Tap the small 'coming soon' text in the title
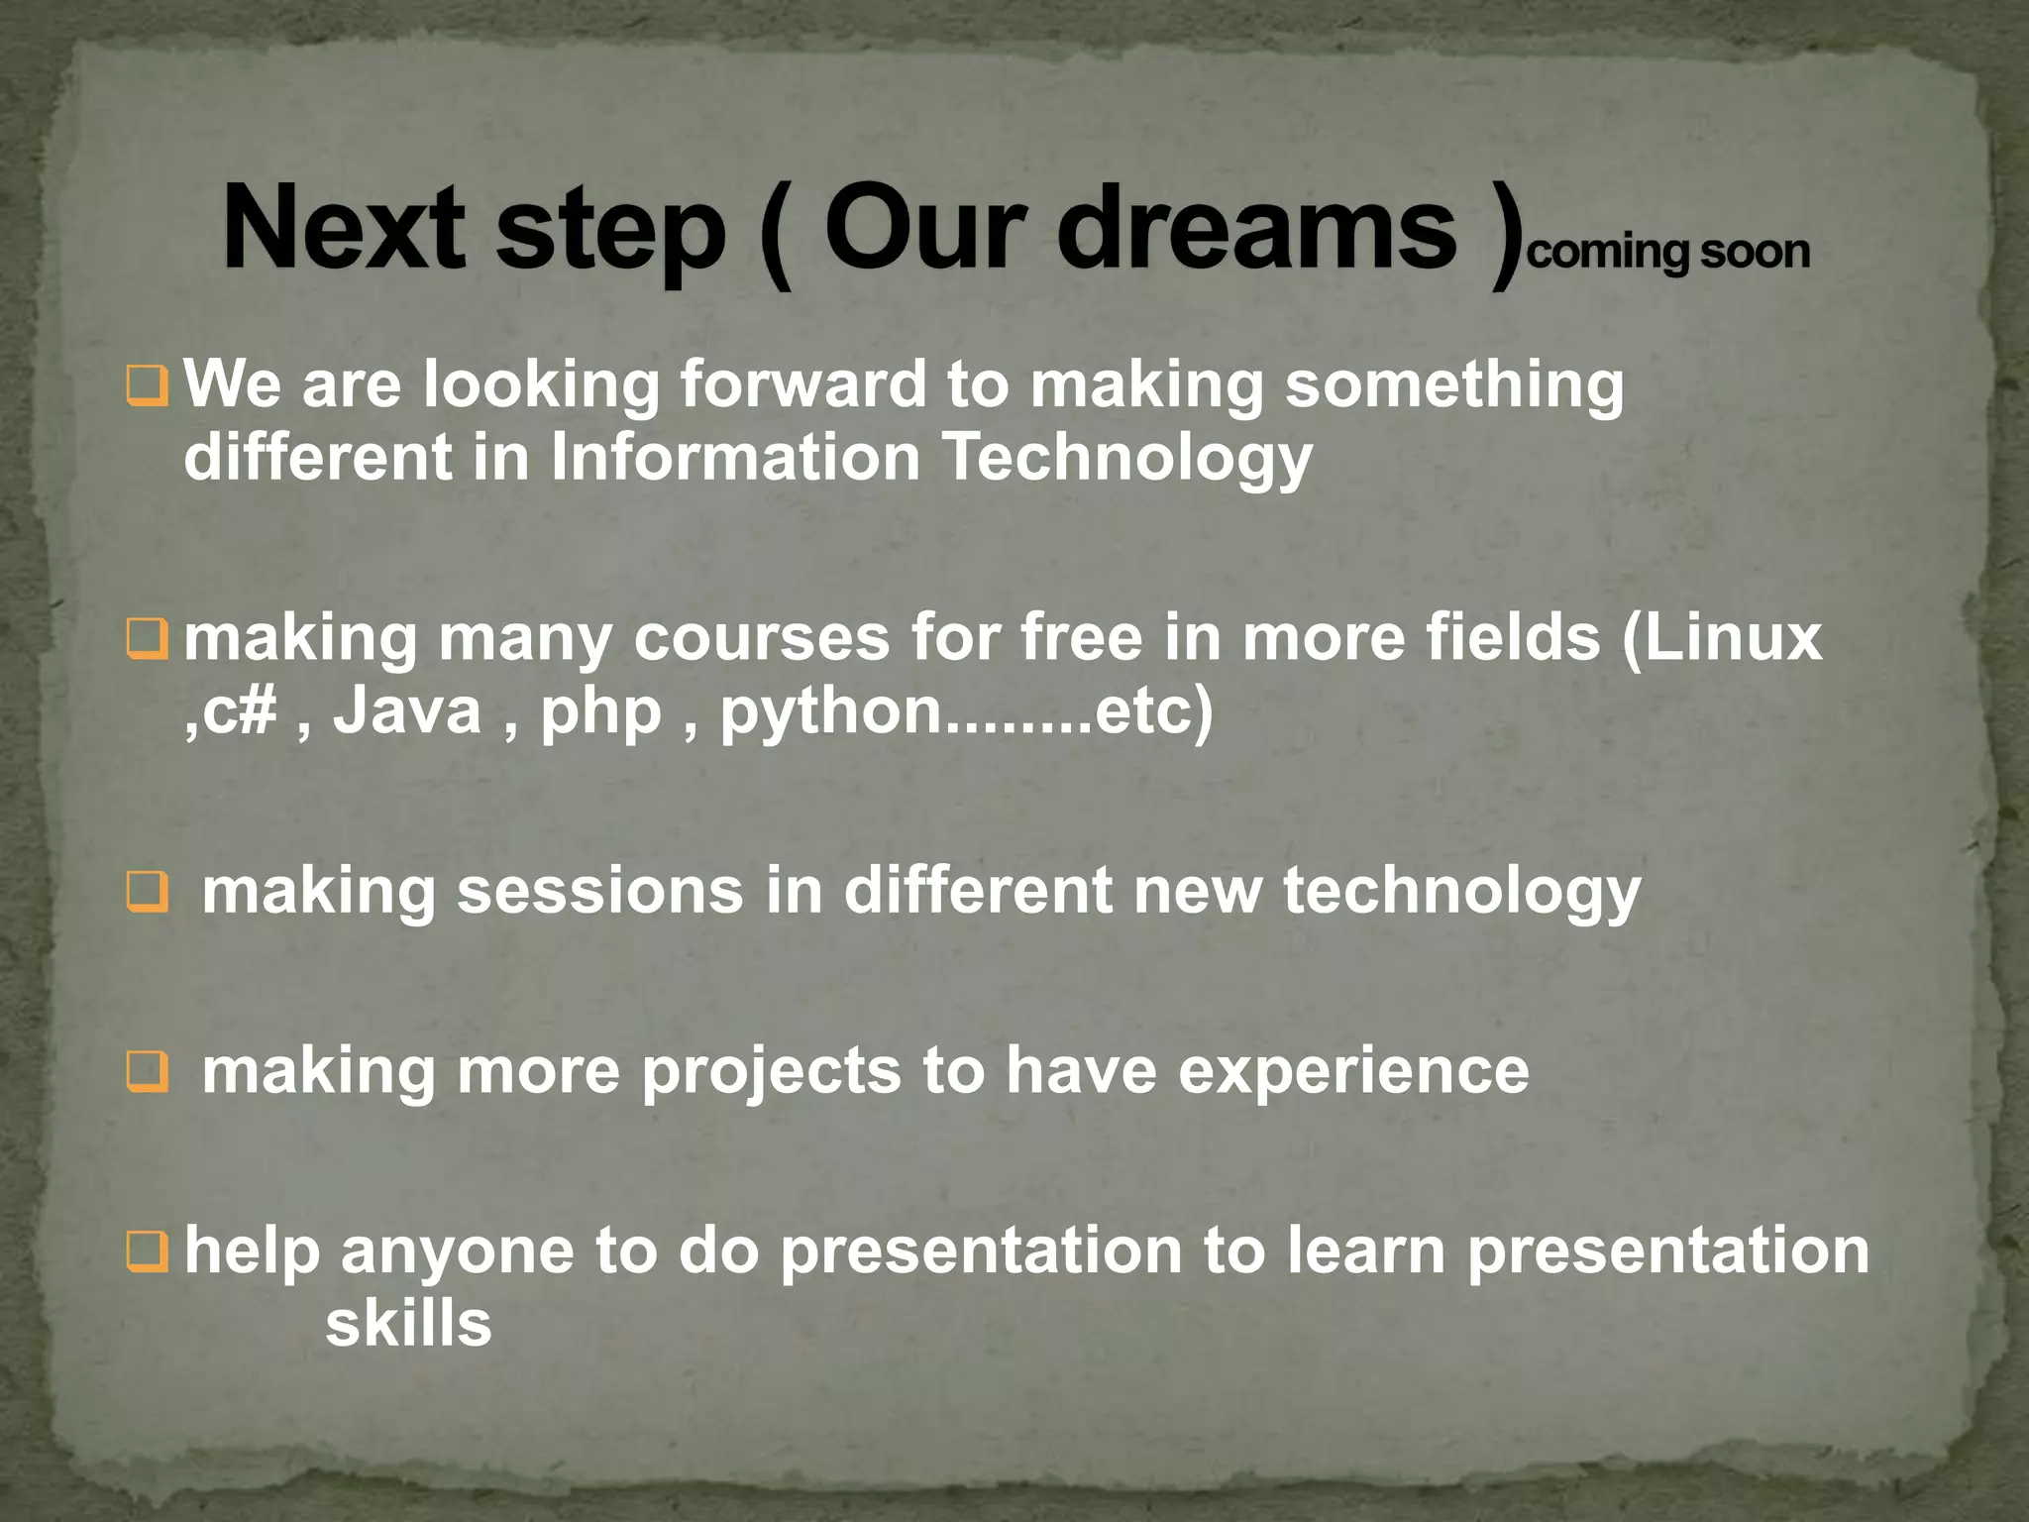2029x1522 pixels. coord(1668,252)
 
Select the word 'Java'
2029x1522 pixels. coord(406,711)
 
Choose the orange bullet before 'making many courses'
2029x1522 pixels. coord(148,640)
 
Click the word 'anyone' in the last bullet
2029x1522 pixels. coord(456,1251)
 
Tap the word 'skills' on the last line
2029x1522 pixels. coord(408,1324)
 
